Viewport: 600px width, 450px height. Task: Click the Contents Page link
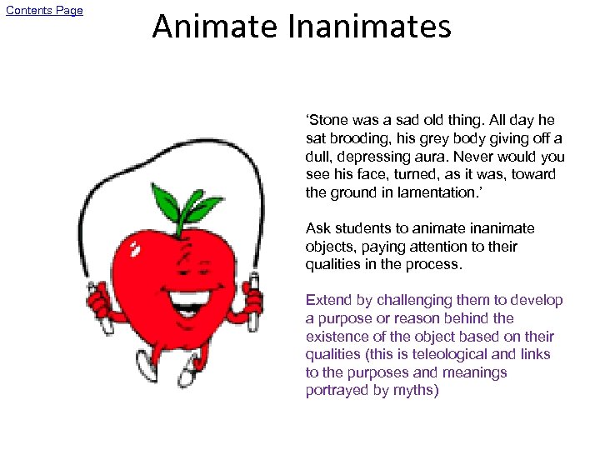(45, 11)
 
